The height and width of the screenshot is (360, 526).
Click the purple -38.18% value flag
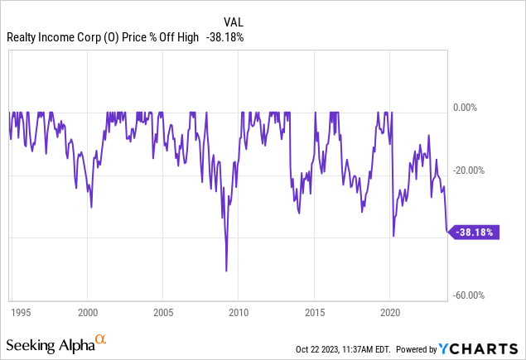point(474,233)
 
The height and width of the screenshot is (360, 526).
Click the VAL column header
point(234,22)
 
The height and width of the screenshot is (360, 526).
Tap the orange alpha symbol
point(100,339)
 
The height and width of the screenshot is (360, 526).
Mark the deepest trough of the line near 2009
point(226,271)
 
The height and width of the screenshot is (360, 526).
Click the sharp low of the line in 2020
point(393,236)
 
